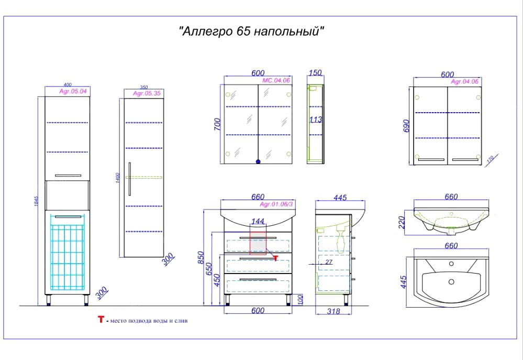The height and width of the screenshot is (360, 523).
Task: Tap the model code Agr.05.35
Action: pyautogui.click(x=146, y=93)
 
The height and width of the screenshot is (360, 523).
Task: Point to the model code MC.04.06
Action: pyautogui.click(x=276, y=80)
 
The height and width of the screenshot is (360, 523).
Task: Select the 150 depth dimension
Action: pyautogui.click(x=315, y=73)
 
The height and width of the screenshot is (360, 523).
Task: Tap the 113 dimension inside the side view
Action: pyautogui.click(x=316, y=120)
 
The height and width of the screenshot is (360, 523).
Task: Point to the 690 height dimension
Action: pyautogui.click(x=406, y=126)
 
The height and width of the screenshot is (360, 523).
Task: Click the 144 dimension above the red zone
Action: pyautogui.click(x=258, y=222)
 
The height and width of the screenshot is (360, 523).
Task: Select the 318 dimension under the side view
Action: pyautogui.click(x=333, y=311)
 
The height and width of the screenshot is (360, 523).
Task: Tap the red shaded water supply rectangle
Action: pyautogui.click(x=258, y=242)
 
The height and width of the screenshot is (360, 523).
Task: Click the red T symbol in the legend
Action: pyautogui.click(x=101, y=320)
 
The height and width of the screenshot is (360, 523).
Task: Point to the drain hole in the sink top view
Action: pyautogui.click(x=451, y=282)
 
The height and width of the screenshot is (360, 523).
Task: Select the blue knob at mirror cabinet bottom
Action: pyautogui.click(x=257, y=162)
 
